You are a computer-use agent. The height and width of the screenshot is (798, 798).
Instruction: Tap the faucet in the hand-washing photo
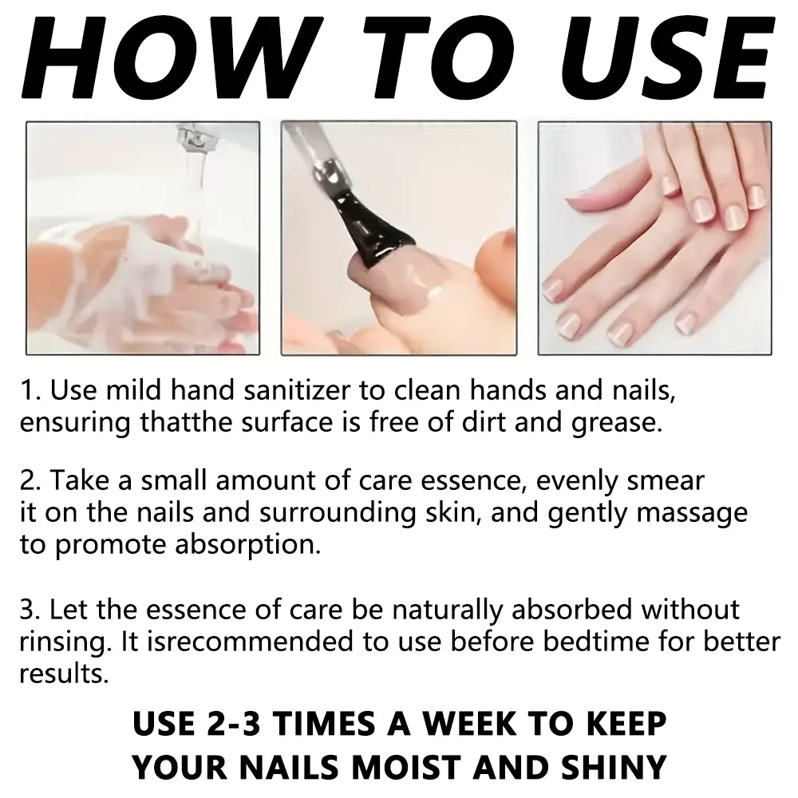(192, 140)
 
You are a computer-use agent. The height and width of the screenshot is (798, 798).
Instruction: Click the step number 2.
(30, 480)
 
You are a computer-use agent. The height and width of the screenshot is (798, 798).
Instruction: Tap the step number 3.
(30, 610)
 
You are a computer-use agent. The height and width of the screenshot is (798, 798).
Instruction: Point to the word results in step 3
(64, 674)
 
